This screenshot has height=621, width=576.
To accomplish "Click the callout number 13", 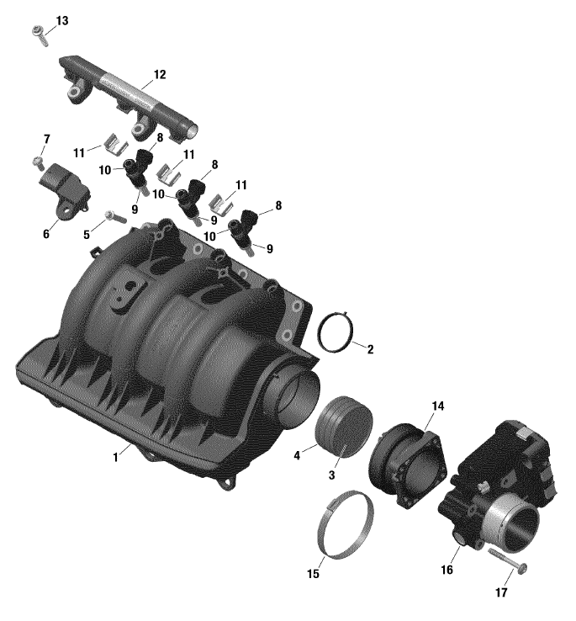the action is pos(62,20).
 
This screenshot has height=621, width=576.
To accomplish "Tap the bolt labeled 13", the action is pos(40,35).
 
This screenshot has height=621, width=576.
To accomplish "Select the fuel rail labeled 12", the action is pos(129,100).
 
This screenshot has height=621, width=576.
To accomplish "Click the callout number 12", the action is pos(159,74).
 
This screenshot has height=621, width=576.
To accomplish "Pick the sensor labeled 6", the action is pos(64,190).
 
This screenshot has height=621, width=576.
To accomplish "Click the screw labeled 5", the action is pos(115,216).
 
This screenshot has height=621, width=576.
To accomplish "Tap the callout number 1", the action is pos(115,458).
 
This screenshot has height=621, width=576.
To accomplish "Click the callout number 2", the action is pos(370,349).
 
